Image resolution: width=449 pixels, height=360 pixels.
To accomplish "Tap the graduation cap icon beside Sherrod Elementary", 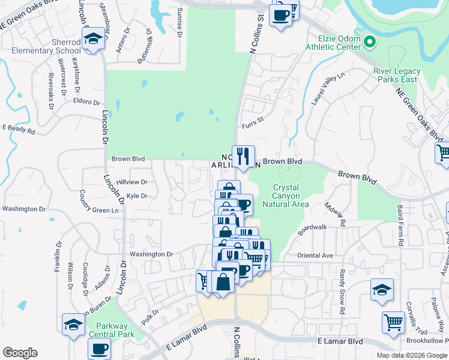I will pyautogui.click(x=92, y=40).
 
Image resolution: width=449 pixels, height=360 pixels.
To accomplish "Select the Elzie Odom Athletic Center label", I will pyautogui.click(x=333, y=43).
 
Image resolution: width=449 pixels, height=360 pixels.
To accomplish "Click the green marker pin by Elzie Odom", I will pyautogui.click(x=370, y=42).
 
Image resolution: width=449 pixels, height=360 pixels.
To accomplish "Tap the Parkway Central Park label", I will pyautogui.click(x=111, y=331).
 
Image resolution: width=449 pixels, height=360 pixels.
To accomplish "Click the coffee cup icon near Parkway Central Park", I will pyautogui.click(x=99, y=347).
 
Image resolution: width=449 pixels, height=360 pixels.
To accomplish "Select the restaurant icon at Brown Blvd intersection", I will pyautogui.click(x=243, y=157).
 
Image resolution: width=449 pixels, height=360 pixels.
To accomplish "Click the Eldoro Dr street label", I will pyautogui.click(x=86, y=101).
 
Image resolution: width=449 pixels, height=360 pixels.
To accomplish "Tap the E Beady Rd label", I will pyautogui.click(x=19, y=129).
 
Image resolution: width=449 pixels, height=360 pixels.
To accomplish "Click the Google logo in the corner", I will pyautogui.click(x=20, y=353).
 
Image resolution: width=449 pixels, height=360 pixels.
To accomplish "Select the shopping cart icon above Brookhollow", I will pyautogui.click(x=393, y=322).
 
